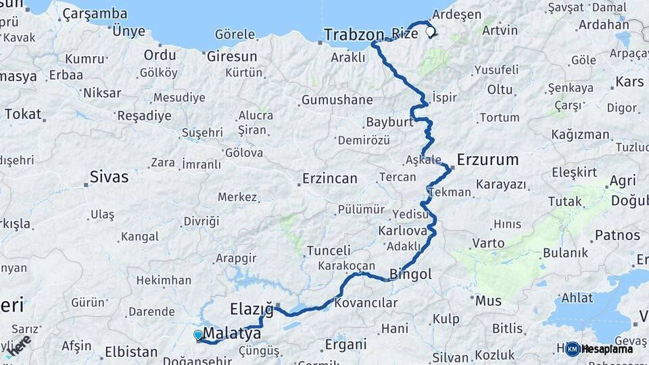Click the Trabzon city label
pos(354,34)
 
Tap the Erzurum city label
pos(487,160)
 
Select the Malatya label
pos(232,334)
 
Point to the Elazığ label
pos(251,310)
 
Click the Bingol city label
pos(410,274)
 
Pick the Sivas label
pos(109,178)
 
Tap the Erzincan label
pos(329,178)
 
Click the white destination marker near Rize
pos(430,31)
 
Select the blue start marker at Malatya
pos(197,335)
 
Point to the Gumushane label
pos(337,100)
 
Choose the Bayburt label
pos(389,122)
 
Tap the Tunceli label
pos(329,251)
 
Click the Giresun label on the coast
pos(232,56)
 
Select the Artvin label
pos(500,30)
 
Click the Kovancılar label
pos(366,303)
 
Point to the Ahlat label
pos(577,298)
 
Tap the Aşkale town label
pos(423,160)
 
